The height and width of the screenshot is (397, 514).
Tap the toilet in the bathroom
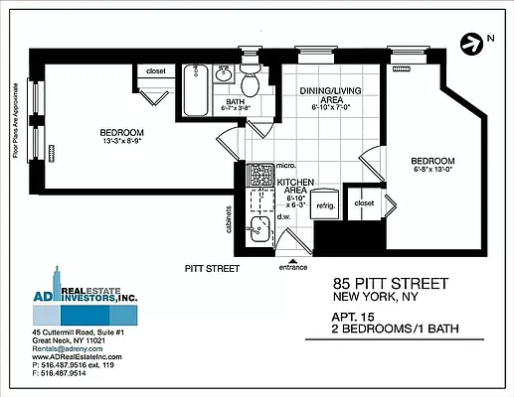tap(251, 78)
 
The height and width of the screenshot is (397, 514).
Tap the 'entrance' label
tap(293, 267)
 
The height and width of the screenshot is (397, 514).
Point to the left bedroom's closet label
tap(156, 71)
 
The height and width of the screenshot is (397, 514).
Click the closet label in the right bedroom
tap(364, 202)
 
